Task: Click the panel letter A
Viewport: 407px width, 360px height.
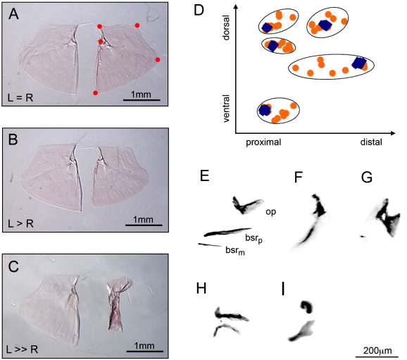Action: point(13,14)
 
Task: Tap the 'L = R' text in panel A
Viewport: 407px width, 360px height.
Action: point(20,98)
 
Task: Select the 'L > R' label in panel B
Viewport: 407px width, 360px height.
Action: point(20,223)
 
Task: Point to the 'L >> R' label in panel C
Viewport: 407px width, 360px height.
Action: point(23,349)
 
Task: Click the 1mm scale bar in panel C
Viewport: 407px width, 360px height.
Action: point(145,352)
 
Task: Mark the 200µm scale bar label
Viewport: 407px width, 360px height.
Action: point(377,351)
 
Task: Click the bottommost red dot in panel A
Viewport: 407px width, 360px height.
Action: point(96,93)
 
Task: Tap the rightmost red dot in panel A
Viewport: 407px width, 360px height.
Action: point(158,60)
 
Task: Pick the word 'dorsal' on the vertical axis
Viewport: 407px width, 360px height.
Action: point(226,27)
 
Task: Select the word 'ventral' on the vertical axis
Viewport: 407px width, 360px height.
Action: point(226,108)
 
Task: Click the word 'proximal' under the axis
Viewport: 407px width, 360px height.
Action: point(263,142)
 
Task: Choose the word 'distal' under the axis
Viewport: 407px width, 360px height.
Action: point(371,142)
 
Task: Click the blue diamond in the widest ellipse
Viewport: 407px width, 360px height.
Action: point(359,63)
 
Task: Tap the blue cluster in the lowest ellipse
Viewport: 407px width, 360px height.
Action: point(265,110)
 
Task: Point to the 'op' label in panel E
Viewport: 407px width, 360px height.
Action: point(270,212)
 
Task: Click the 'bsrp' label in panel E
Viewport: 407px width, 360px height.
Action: point(253,238)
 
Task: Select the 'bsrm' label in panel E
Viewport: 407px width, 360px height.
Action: point(235,251)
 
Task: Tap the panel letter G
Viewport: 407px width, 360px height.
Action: point(367,178)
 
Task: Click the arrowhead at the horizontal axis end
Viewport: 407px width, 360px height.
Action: point(392,133)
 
